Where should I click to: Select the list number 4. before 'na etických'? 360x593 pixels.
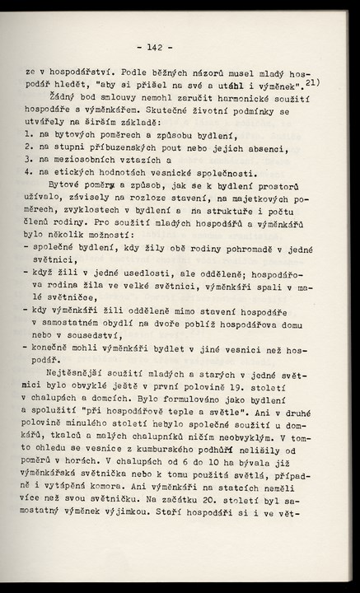click(x=29, y=173)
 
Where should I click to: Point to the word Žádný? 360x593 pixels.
click(x=67, y=96)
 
